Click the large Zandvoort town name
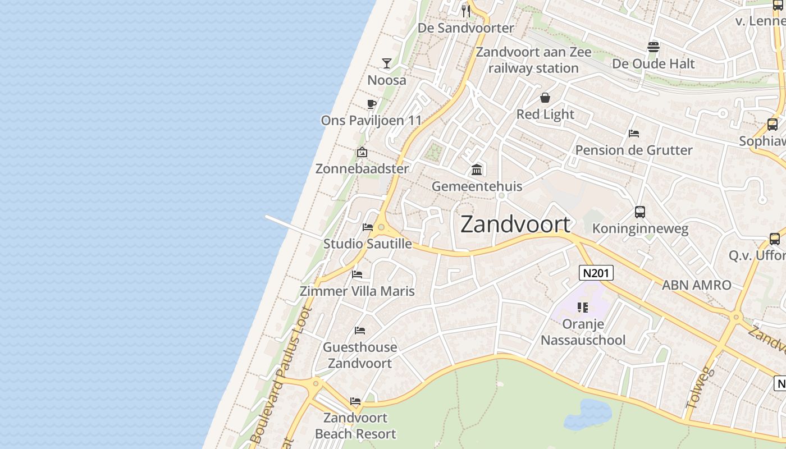click(515, 224)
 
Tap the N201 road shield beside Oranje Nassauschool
click(596, 273)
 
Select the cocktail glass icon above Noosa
click(387, 63)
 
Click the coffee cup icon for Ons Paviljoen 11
click(371, 103)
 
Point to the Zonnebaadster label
click(362, 168)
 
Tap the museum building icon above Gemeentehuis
click(477, 169)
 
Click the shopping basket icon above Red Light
click(545, 98)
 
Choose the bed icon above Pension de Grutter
click(634, 134)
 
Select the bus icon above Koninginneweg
click(640, 212)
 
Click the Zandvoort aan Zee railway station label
click(533, 60)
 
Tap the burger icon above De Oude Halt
click(653, 47)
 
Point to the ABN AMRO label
click(696, 285)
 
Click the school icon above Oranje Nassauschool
click(583, 307)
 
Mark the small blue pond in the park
click(588, 414)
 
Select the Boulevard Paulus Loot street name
click(279, 376)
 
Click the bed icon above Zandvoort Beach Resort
click(355, 401)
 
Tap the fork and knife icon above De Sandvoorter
click(465, 11)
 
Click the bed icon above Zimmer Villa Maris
click(357, 274)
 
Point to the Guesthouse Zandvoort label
click(360, 355)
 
